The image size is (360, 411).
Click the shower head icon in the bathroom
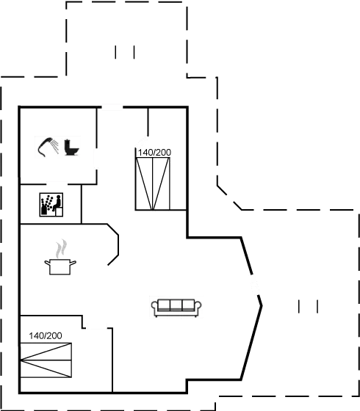[47, 145]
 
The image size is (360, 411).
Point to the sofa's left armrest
[154, 308]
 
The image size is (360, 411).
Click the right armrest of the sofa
[199, 308]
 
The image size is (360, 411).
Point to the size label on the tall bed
[157, 152]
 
